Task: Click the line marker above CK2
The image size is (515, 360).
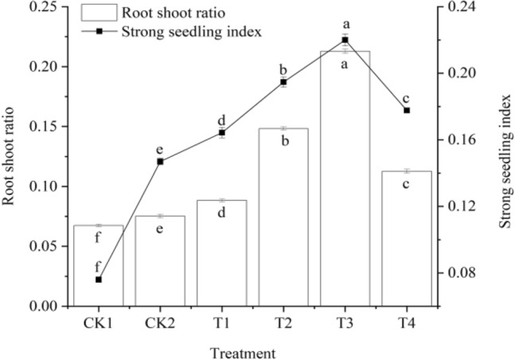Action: click(160, 162)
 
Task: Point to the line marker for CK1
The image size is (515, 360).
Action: click(99, 280)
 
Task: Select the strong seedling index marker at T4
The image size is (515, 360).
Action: click(406, 110)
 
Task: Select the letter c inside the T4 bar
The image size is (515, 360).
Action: click(406, 184)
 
